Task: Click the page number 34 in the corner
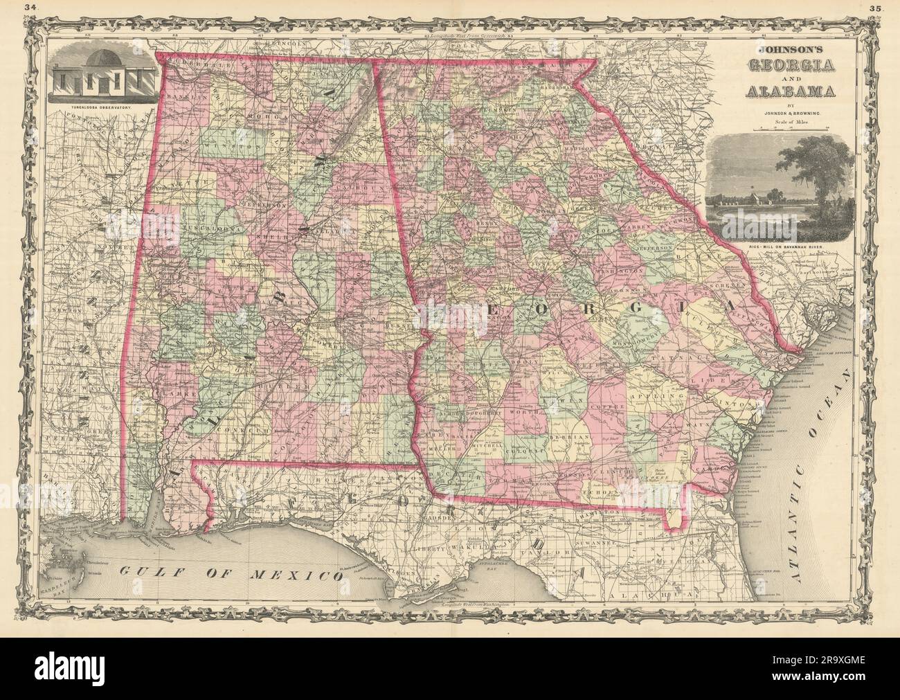coord(29,8)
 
